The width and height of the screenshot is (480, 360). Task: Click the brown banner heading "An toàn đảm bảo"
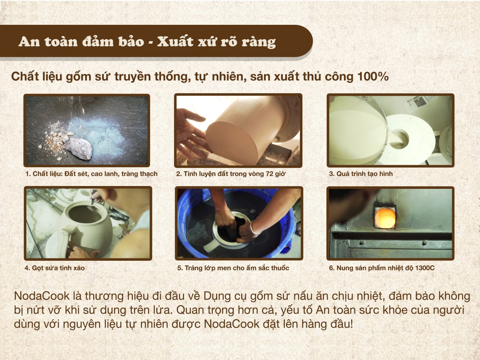pyautogui.click(x=80, y=42)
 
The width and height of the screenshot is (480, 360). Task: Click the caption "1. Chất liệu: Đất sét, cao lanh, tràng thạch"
pyautogui.click(x=91, y=174)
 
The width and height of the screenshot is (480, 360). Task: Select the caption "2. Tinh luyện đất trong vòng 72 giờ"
pyautogui.click(x=231, y=174)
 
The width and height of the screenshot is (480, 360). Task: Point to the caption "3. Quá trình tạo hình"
pyautogui.click(x=361, y=174)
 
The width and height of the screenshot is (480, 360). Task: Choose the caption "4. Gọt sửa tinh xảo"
pyautogui.click(x=55, y=268)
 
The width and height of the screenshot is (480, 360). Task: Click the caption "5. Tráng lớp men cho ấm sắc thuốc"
pyautogui.click(x=233, y=268)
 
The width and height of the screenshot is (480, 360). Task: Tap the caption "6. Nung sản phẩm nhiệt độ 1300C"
pyautogui.click(x=382, y=268)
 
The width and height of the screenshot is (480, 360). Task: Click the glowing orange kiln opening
pyautogui.click(x=385, y=218)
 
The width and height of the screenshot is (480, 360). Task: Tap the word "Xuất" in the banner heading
pyautogui.click(x=174, y=42)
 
